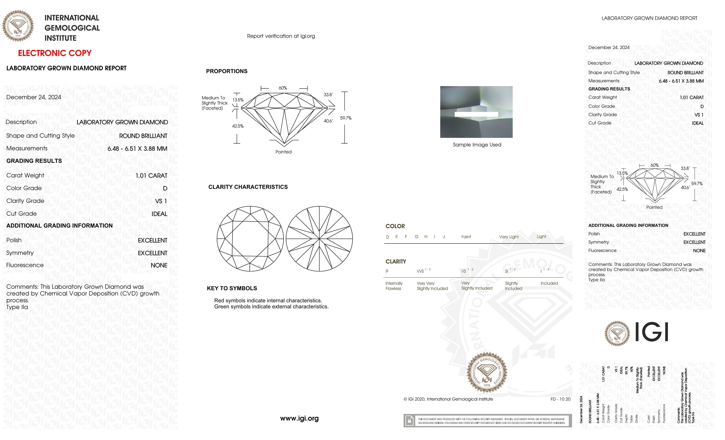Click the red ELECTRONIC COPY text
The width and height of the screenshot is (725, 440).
[55, 53]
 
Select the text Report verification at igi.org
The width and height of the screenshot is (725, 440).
[281, 36]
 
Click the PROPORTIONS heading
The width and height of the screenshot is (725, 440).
[226, 71]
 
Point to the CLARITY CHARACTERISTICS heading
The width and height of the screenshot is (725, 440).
[248, 187]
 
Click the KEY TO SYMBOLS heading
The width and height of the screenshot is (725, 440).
[232, 288]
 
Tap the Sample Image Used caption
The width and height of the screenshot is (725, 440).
[477, 145]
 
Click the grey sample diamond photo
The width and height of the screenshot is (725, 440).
[476, 112]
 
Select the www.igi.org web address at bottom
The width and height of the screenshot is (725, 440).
[299, 418]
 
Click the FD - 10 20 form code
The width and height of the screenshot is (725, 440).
[560, 399]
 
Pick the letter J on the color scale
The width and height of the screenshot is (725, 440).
[444, 237]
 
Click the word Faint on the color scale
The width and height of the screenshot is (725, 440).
[466, 237]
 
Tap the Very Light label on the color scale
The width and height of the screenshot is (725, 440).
[509, 237]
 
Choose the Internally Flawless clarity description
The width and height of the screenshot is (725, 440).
[394, 286]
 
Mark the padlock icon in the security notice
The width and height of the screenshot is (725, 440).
[409, 421]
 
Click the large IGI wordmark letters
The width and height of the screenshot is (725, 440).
[652, 332]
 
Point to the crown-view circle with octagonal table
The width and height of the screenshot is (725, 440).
[250, 238]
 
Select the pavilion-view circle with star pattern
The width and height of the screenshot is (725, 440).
[319, 238]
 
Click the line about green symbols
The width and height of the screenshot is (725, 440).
[271, 307]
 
